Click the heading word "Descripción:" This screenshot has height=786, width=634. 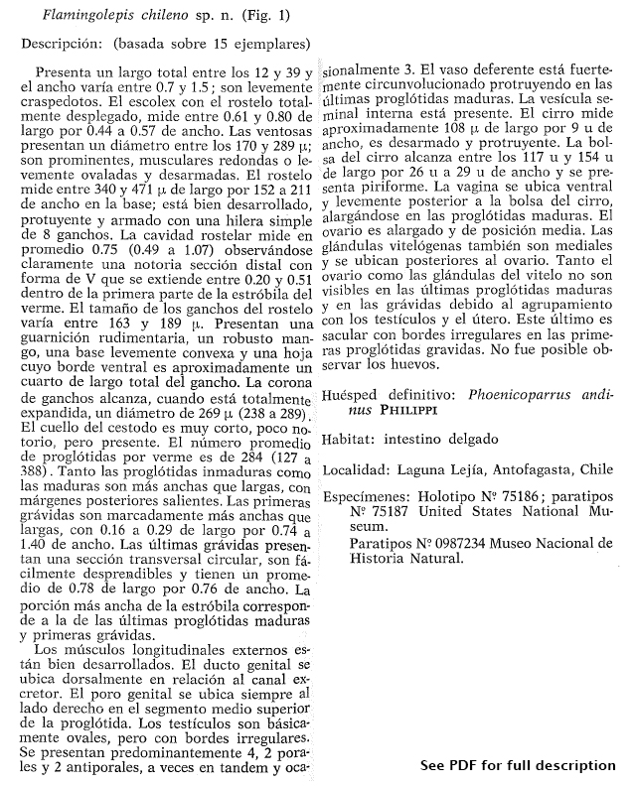click(62, 44)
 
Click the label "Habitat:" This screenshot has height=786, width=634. click(354, 439)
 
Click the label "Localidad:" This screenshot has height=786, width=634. click(361, 468)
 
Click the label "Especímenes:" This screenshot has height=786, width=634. click(371, 497)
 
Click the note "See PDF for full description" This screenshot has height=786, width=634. click(517, 765)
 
